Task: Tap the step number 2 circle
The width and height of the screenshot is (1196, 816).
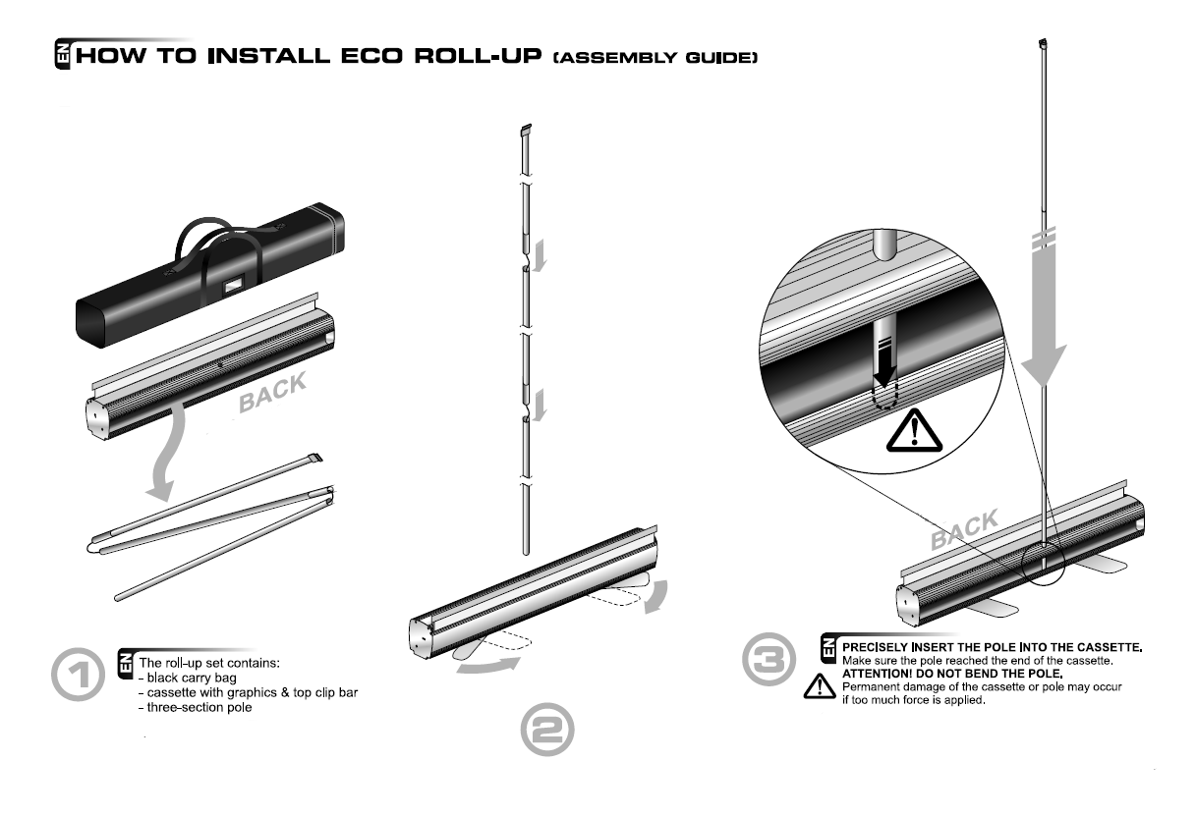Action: point(547,731)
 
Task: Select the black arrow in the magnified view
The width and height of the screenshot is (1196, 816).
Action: point(885,370)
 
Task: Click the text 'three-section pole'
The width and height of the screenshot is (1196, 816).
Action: point(200,708)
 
